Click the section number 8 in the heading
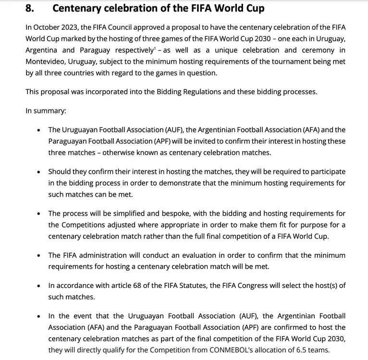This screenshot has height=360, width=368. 29,8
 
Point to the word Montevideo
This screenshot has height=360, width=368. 46,62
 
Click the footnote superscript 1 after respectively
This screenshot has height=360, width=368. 154,48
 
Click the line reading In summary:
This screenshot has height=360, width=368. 46,111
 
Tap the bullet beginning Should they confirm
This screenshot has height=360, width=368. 39,171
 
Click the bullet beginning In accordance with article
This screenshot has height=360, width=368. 39,286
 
